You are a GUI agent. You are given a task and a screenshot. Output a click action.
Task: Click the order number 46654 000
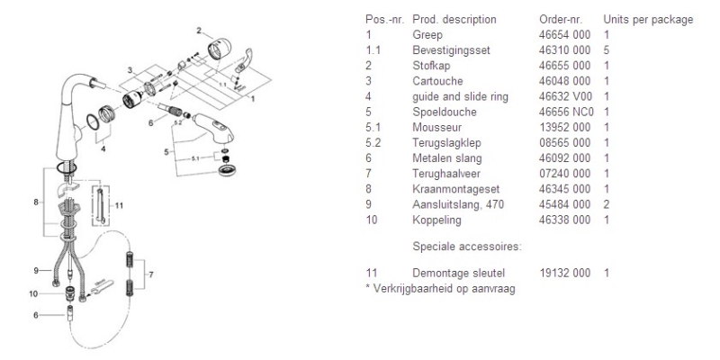(565, 35)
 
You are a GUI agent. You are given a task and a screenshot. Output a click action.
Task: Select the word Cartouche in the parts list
(437, 81)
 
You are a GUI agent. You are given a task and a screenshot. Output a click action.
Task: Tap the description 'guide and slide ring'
(460, 97)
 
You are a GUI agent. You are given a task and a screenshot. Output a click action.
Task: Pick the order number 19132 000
(565, 274)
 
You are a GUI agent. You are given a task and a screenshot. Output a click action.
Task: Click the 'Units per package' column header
(648, 20)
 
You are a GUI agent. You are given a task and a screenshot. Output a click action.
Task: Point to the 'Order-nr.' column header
(561, 20)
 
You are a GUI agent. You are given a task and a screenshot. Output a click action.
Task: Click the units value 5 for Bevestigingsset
(607, 50)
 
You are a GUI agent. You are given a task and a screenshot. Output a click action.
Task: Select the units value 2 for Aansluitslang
(607, 204)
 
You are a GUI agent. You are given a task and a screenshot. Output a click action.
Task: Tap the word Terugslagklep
(446, 143)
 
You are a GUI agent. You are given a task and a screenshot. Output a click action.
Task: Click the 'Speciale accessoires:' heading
(467, 247)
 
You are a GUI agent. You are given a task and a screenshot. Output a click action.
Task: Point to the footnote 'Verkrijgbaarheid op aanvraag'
(444, 289)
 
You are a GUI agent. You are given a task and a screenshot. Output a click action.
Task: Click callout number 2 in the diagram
(199, 31)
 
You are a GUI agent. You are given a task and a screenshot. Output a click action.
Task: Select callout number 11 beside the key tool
(119, 206)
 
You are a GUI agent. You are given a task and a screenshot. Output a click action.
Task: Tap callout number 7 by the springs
(151, 274)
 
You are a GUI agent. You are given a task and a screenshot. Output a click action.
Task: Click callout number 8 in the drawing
(36, 202)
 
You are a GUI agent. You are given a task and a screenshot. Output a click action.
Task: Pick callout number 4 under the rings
(103, 148)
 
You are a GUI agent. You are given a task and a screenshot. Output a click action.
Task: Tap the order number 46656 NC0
(567, 112)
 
